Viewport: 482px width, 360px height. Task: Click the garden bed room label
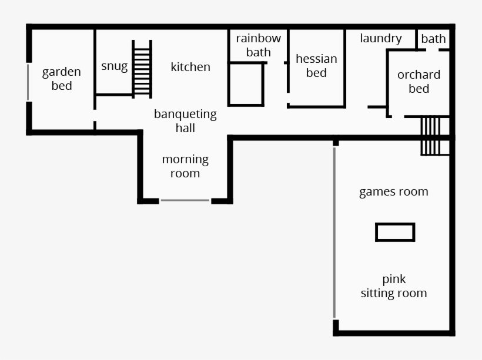[61, 79]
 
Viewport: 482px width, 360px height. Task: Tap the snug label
[114, 66]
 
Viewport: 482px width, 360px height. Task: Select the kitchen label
[190, 67]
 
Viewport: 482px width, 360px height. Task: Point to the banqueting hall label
[185, 121]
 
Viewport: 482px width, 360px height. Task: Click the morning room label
[185, 166]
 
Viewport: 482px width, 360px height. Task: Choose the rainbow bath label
[259, 45]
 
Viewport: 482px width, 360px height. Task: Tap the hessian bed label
[316, 66]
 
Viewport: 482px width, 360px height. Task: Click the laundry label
[381, 39]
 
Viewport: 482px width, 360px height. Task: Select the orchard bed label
[419, 82]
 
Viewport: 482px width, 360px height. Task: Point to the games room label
[394, 191]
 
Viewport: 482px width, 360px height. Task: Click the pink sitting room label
[394, 286]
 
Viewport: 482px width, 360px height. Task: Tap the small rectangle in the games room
[395, 232]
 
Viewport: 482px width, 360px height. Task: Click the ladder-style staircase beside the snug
[142, 69]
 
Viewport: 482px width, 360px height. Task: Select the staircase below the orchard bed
[430, 136]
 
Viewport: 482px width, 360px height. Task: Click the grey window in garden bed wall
[28, 82]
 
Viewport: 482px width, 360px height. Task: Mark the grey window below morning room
[185, 200]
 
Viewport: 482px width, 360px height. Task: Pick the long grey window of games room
[334, 233]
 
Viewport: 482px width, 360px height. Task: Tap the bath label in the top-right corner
[433, 39]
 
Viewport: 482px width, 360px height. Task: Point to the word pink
[394, 279]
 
